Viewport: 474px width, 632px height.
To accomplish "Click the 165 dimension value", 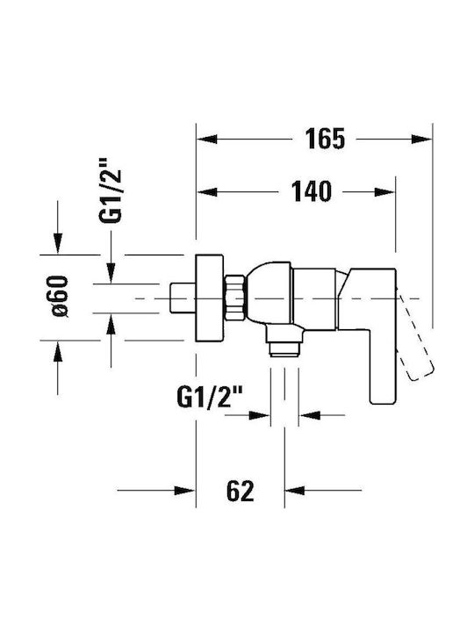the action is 325,139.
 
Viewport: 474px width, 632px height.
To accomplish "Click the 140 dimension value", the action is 311,191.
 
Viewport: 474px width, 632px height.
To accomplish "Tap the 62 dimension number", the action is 241,491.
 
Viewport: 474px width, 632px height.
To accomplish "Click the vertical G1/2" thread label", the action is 111,190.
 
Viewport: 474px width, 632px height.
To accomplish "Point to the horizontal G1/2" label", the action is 209,398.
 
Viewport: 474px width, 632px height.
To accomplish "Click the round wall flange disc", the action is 209,298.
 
